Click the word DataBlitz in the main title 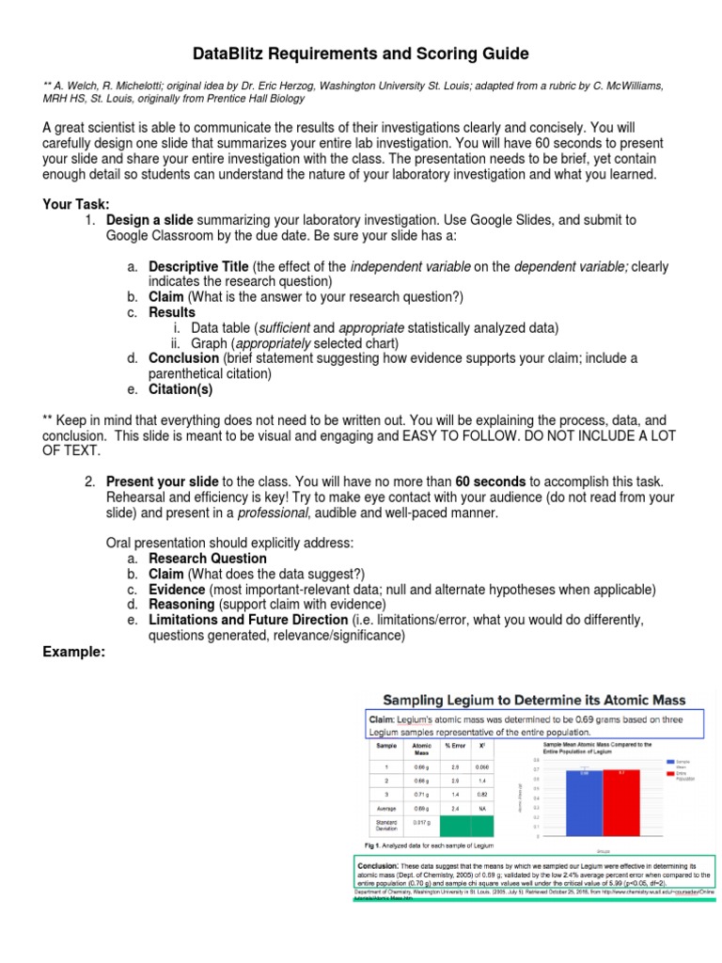[x=229, y=54]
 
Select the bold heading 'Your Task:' [x=76, y=204]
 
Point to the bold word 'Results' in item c [x=172, y=312]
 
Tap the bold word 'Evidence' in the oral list [x=179, y=590]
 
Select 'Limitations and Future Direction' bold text [x=248, y=620]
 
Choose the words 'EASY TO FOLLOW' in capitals [x=449, y=435]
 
